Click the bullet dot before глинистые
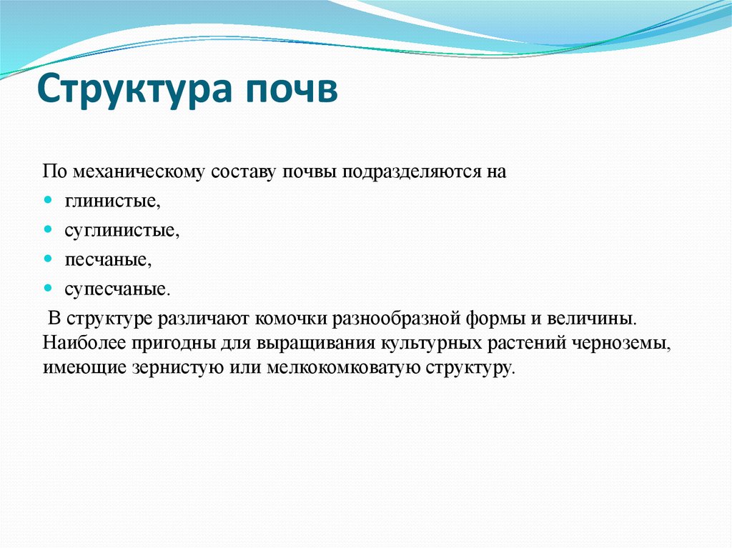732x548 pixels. tap(48, 201)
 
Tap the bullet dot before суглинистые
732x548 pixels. tap(48, 230)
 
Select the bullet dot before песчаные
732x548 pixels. tap(48, 259)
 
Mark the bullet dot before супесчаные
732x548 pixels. tap(48, 288)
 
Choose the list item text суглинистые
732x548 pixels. tap(121, 231)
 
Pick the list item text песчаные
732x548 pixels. tap(108, 260)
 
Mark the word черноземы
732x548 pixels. tap(621, 342)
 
